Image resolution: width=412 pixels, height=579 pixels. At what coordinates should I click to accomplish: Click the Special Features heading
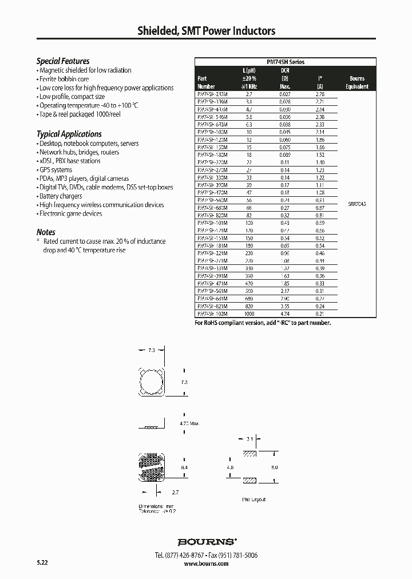click(x=63, y=61)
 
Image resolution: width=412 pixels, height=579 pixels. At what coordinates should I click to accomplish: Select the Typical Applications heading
click(x=69, y=134)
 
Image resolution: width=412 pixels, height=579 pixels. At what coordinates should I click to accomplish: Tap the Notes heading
click(x=46, y=232)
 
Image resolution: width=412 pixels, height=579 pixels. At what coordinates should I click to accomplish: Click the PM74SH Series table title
click(x=286, y=62)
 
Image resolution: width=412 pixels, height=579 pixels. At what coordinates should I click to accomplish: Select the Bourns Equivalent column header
click(x=356, y=82)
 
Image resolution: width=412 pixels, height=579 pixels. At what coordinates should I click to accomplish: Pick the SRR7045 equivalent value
click(x=356, y=203)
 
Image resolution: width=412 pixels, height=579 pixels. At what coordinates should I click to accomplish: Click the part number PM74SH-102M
click(x=212, y=314)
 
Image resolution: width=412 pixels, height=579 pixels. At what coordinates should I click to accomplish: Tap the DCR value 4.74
click(x=284, y=314)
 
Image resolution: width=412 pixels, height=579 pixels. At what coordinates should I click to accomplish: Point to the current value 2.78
click(x=320, y=94)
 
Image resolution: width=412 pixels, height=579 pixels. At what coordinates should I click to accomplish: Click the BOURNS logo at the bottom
click(x=207, y=541)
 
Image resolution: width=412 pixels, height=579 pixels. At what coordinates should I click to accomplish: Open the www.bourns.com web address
click(x=207, y=564)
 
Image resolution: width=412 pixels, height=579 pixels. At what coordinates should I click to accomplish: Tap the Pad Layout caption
click(x=254, y=499)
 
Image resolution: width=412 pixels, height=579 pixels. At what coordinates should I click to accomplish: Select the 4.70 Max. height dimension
click(x=189, y=423)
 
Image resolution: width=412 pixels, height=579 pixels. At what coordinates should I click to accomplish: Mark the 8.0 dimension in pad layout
click(x=275, y=467)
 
